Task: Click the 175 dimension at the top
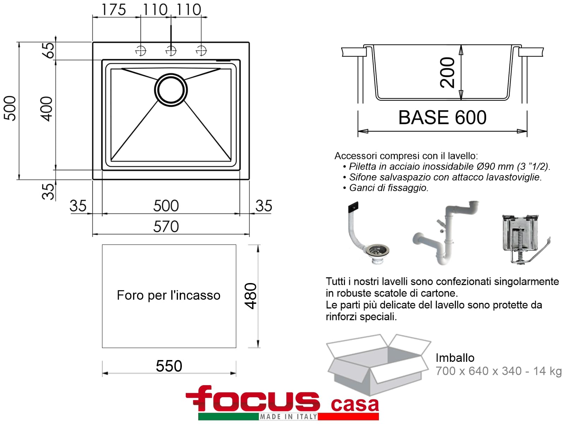(113, 10)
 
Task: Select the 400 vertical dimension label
(46, 108)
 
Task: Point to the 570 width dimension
(166, 226)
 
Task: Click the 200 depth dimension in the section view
(447, 72)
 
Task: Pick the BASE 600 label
(442, 117)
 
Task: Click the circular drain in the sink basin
(171, 90)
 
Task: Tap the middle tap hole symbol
(171, 51)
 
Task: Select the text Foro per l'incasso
(168, 295)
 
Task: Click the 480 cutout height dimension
(250, 296)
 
